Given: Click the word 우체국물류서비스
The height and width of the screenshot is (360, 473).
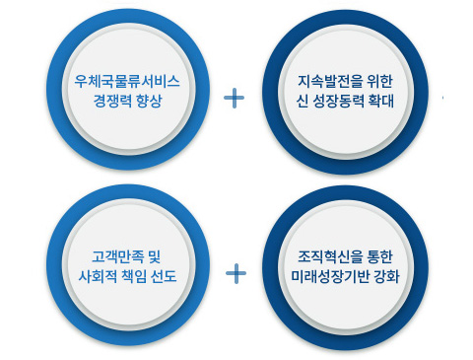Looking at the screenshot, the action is point(127,81).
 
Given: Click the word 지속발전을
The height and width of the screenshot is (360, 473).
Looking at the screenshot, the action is point(330,81).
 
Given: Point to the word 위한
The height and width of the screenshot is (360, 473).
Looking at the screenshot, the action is point(380,81).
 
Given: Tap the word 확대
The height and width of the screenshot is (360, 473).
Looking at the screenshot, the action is point(381,101).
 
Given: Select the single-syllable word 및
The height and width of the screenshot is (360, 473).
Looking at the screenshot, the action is point(155,256).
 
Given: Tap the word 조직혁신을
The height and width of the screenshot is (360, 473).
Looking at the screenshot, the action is point(330,256).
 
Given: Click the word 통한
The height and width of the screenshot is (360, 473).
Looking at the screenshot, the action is point(380,256).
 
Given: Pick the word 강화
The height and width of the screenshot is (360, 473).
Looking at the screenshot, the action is point(387,276).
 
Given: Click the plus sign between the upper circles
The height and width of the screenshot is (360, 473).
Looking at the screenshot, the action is point(234,98).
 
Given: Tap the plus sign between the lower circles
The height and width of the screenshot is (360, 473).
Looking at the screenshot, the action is point(236,273).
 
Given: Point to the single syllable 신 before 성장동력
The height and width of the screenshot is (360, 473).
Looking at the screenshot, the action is point(302,101).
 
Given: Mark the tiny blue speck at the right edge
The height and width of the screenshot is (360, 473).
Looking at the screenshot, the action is point(442,98).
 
